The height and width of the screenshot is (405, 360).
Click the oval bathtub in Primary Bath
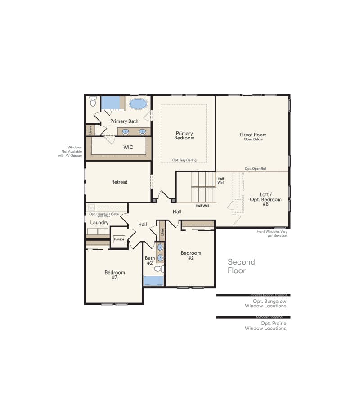138,104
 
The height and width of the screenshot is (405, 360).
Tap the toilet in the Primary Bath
93,101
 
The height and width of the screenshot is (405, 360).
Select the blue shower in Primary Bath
111,103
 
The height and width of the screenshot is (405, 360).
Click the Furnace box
119,239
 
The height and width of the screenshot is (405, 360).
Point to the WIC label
128,147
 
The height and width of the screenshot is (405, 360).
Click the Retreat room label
119,182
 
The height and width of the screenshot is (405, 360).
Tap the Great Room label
253,135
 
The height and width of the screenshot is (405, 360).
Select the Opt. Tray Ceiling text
184,160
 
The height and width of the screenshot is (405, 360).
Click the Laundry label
99,222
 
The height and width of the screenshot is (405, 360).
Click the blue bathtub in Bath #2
153,281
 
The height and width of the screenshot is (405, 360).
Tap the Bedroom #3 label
115,275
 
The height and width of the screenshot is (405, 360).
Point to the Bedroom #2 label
191,256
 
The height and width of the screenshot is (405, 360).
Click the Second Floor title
241,266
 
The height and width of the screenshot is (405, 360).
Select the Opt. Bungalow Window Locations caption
265,303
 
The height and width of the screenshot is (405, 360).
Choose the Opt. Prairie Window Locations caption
265,326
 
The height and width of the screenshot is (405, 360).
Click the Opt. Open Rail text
256,169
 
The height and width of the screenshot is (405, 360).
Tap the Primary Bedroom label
184,135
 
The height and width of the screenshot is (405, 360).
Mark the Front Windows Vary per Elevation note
272,234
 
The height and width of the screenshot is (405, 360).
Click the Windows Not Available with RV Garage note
70,151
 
